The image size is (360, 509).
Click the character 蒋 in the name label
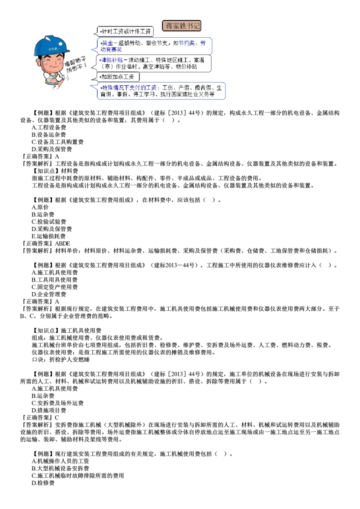click(x=169, y=26)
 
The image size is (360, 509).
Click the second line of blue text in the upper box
click(x=111, y=50)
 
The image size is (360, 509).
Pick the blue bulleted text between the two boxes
click(x=112, y=60)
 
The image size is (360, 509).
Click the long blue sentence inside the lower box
click(x=130, y=88)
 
